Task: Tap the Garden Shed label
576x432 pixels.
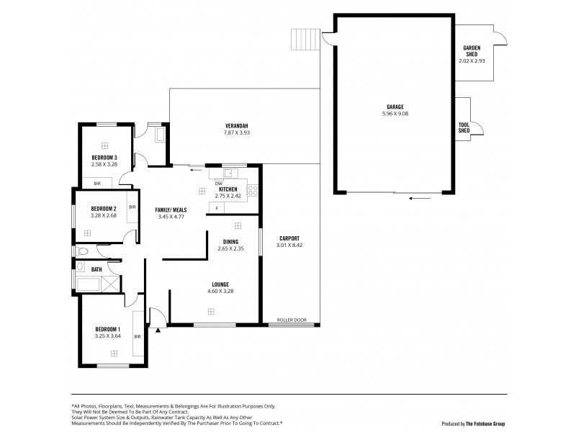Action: coord(472,50)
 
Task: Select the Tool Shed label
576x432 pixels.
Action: coord(464,127)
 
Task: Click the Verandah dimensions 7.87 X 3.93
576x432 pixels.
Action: coord(236,132)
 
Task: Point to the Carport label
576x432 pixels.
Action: coord(287,238)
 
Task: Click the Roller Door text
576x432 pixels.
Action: coord(292,320)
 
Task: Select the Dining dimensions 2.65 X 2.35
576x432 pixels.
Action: coord(230,248)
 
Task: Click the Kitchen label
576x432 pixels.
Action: coord(228,189)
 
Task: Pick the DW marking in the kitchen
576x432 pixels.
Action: coord(217,183)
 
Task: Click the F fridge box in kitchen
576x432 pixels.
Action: coord(216,208)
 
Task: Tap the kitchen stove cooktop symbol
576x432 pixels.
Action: coord(253,191)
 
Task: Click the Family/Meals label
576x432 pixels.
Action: coord(171,210)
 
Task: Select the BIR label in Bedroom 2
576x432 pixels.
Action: coord(132,207)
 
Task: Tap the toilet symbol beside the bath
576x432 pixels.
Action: coord(81,252)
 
